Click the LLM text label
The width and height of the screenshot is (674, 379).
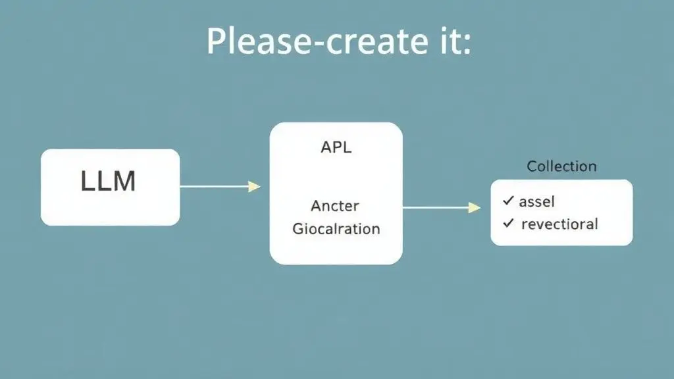click(109, 181)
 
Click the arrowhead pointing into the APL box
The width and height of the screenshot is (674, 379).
click(254, 187)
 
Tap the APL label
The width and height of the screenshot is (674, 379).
click(336, 147)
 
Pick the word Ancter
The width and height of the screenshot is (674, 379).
click(335, 206)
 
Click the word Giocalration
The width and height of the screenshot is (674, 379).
click(336, 229)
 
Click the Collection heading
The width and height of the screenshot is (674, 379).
click(561, 166)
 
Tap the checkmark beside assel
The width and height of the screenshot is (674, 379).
click(508, 201)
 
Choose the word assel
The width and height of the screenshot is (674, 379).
click(537, 202)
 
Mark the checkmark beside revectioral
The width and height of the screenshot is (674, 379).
click(508, 223)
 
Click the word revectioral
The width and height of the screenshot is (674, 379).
click(559, 224)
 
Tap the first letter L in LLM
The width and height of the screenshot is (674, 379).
click(88, 181)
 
